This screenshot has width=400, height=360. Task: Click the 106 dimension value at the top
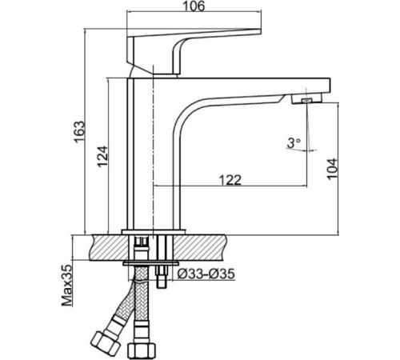[x=194, y=6]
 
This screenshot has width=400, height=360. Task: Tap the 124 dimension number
[x=102, y=156]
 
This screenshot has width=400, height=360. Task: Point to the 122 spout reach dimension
[x=230, y=180]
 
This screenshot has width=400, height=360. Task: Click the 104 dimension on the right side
[x=332, y=169]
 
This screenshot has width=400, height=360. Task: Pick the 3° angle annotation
[x=294, y=143]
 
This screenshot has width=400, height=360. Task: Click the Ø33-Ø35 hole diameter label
[x=206, y=274]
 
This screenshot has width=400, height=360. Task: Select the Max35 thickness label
[x=66, y=285]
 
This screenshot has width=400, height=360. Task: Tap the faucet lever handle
[x=186, y=50]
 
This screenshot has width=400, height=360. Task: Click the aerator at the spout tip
[x=306, y=99]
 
